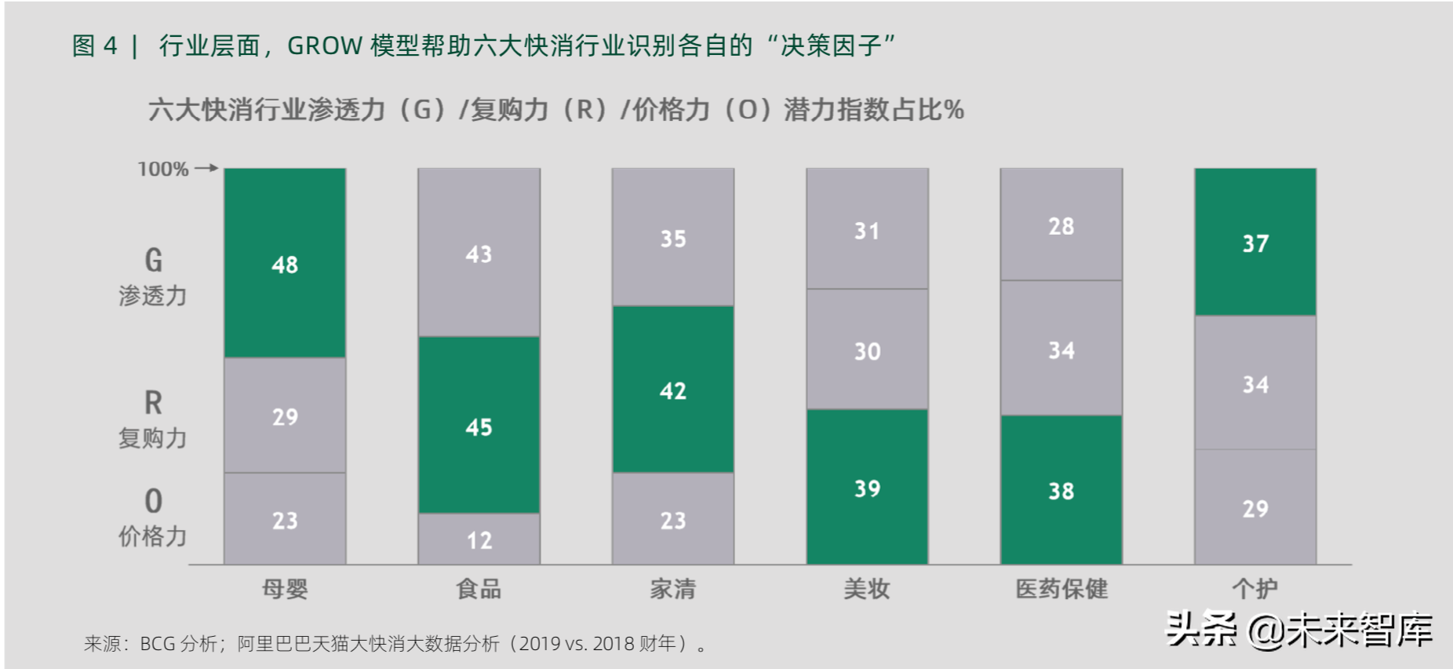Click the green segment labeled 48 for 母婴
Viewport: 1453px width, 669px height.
285,263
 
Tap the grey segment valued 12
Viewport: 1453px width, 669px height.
479,539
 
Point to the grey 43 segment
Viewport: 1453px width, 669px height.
479,253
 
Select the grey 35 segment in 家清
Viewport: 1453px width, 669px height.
672,237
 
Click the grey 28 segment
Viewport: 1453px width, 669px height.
1061,225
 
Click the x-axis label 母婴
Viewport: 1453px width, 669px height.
285,588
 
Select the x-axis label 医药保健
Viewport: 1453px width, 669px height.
1061,588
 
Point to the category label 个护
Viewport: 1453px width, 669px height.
1255,588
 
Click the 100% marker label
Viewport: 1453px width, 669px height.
163,169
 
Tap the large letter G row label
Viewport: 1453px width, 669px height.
154,260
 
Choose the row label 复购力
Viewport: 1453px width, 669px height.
153,437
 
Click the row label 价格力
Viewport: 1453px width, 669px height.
153,536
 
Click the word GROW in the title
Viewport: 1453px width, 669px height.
325,46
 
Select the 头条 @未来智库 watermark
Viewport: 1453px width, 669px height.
1298,630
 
